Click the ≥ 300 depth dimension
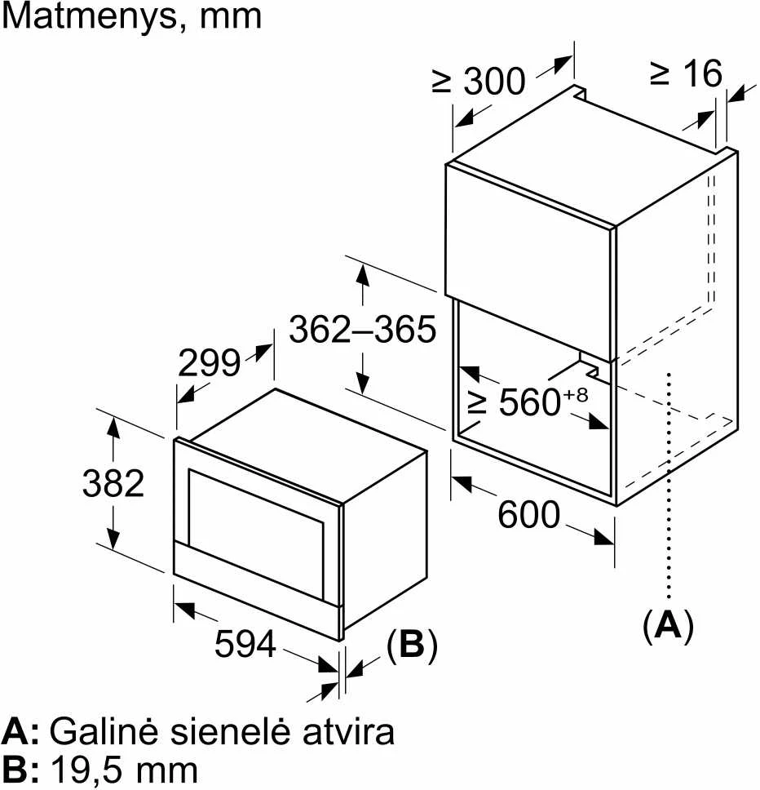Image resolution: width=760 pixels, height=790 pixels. pyautogui.click(x=479, y=81)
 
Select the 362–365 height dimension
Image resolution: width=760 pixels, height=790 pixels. pyautogui.click(x=362, y=330)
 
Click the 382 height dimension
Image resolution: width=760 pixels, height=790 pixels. pyautogui.click(x=113, y=483)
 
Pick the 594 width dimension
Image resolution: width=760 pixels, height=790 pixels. pyautogui.click(x=245, y=643)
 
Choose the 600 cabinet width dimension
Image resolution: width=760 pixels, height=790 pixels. pyautogui.click(x=528, y=514)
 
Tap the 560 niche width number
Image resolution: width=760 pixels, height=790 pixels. pyautogui.click(x=529, y=402)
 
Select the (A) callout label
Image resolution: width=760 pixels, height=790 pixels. pyautogui.click(x=669, y=626)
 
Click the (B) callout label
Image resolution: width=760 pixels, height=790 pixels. pyautogui.click(x=412, y=645)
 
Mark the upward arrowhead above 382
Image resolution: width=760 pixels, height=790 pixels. pyautogui.click(x=113, y=428)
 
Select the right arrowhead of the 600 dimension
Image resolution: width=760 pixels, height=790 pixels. pyautogui.click(x=604, y=537)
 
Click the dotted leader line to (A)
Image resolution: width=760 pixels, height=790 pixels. pyautogui.click(x=669, y=486)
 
